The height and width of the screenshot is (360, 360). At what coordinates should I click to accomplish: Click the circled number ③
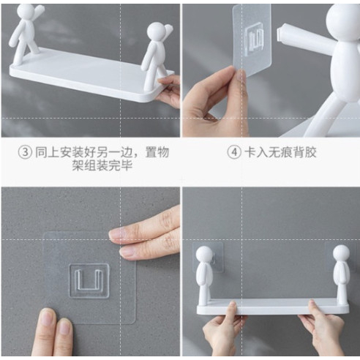[25, 152]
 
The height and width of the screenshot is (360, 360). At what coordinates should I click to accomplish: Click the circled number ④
[234, 152]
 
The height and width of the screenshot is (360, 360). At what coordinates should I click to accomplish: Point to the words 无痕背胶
[292, 152]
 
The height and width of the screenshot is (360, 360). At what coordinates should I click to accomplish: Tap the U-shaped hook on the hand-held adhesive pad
[254, 39]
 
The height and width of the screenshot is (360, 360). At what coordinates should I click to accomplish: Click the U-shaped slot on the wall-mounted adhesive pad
[89, 281]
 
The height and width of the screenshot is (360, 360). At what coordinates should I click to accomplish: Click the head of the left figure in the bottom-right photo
[204, 255]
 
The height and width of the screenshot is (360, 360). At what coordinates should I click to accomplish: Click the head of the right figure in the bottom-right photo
[341, 253]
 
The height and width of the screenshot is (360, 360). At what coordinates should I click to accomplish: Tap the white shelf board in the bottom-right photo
[273, 308]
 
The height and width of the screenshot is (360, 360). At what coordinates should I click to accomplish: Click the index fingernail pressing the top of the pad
[116, 233]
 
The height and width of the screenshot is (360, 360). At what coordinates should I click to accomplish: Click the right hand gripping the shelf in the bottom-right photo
[322, 329]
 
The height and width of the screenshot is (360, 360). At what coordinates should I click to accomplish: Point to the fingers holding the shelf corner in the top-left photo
[168, 90]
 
